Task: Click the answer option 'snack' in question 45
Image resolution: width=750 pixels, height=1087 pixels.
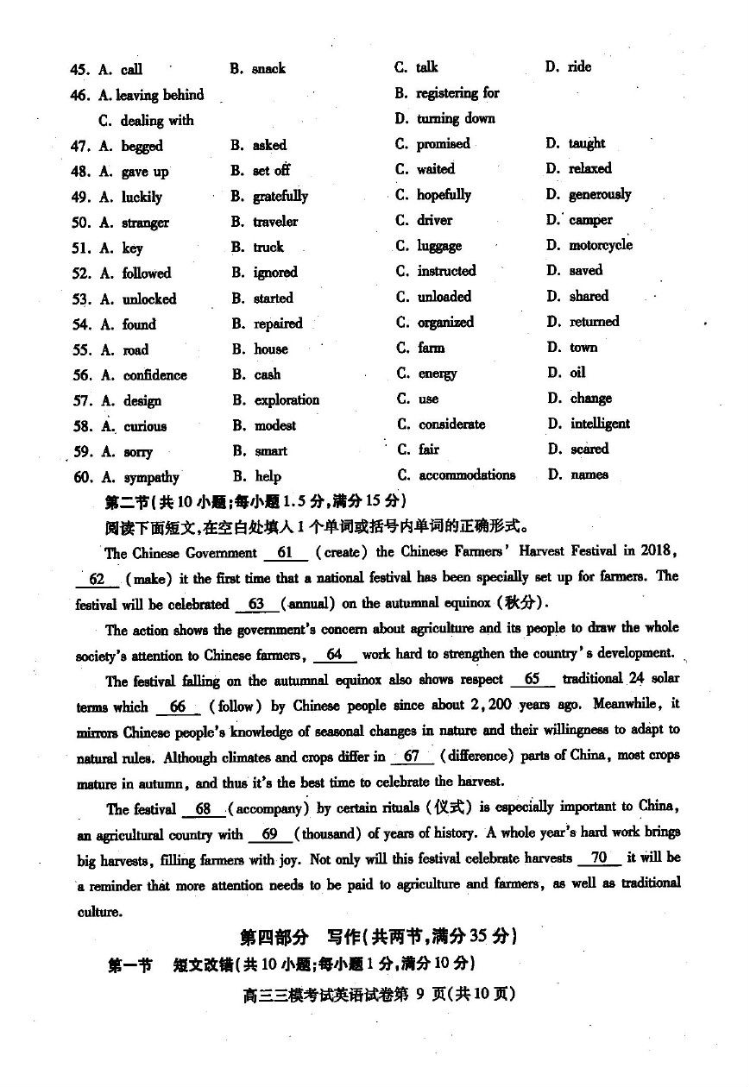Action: (268, 69)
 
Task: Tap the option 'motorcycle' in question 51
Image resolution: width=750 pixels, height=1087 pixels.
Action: (601, 246)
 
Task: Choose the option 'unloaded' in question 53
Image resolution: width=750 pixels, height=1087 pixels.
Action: (444, 297)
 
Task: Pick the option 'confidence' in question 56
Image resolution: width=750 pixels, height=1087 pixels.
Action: (154, 375)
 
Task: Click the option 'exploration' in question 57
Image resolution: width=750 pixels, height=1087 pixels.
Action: (287, 400)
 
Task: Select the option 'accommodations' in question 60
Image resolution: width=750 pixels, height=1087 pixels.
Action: (467, 475)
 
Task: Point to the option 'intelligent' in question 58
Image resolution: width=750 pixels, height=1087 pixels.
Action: (600, 424)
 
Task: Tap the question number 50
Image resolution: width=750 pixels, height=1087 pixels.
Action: (81, 223)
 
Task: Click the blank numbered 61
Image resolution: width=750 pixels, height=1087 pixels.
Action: (286, 552)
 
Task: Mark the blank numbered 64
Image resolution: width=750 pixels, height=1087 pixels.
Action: (335, 655)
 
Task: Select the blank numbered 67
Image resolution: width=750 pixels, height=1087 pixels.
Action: (412, 757)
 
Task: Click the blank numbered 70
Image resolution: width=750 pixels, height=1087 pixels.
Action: (599, 858)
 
